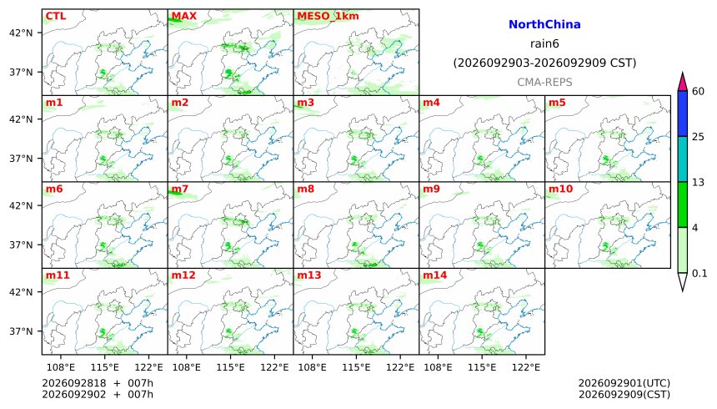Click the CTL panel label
[55, 16]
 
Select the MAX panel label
[183, 16]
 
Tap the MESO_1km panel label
[328, 17]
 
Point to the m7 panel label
[180, 189]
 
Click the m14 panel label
[435, 275]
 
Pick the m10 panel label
[560, 189]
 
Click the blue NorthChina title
[544, 25]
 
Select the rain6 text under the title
[544, 44]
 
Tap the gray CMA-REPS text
[544, 83]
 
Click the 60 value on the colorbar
[698, 91]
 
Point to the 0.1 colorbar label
[699, 274]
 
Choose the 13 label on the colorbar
[698, 182]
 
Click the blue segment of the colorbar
[683, 114]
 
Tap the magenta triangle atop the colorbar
[683, 83]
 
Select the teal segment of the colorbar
[683, 159]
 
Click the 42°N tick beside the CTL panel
[21, 33]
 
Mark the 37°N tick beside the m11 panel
[21, 331]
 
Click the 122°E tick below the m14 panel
[526, 367]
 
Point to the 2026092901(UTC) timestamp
[624, 383]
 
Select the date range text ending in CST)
[544, 63]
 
